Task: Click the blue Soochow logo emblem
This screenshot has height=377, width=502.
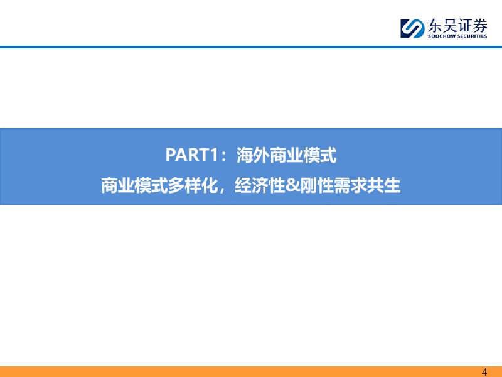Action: click(413, 28)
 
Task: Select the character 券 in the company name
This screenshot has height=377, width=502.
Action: click(480, 25)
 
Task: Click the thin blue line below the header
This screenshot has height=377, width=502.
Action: click(251, 47)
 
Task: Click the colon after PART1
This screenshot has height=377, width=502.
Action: click(225, 156)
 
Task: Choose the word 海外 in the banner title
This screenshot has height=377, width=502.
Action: click(253, 155)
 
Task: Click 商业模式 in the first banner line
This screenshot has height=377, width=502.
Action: click(303, 155)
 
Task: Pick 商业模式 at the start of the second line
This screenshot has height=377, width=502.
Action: click(134, 185)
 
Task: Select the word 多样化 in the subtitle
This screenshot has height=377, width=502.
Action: click(193, 185)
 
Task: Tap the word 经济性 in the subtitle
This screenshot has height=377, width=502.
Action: click(260, 185)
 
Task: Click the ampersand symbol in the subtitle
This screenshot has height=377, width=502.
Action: click(292, 185)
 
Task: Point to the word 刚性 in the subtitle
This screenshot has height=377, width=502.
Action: click(316, 185)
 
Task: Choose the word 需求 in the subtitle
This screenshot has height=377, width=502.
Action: click(350, 185)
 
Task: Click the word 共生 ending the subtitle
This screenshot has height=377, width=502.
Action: click(383, 185)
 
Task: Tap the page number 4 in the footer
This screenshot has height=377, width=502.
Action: click(484, 372)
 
